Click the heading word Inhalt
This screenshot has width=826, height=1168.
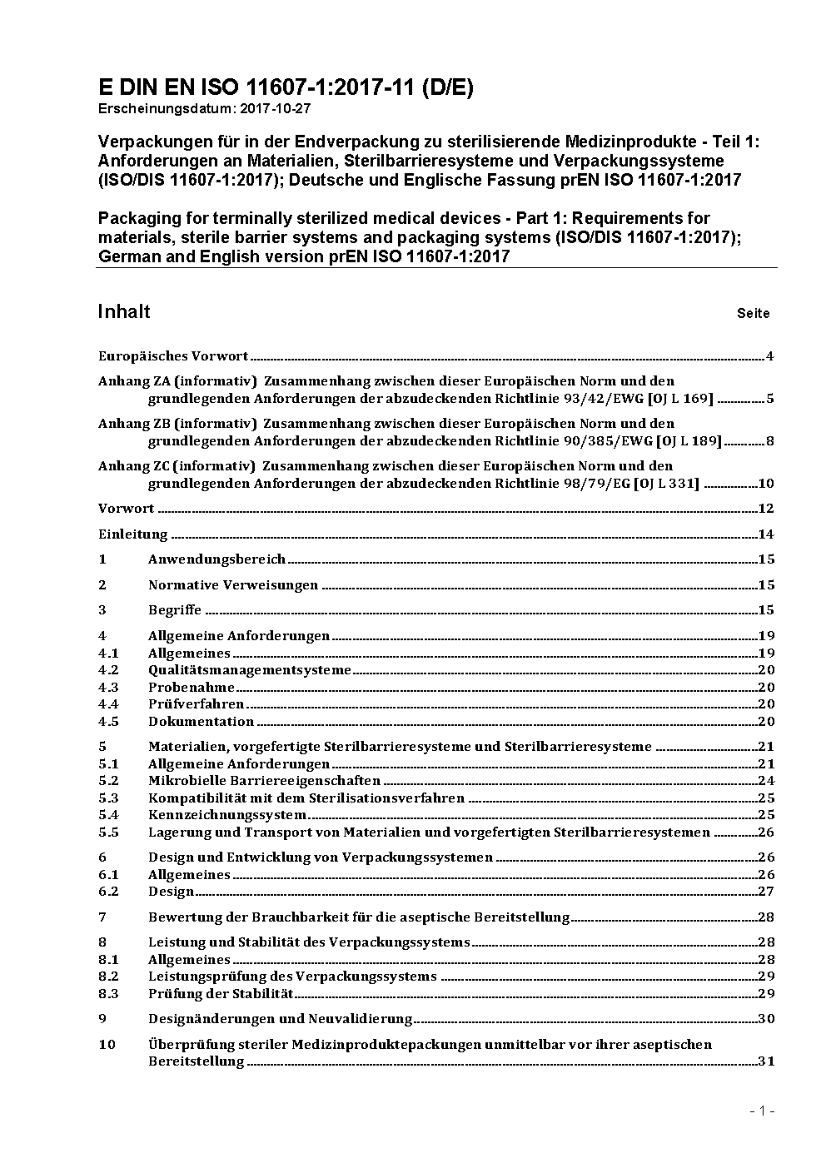(x=124, y=311)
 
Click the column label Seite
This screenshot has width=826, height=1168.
(x=753, y=314)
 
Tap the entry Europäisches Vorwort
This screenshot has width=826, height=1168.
(x=173, y=356)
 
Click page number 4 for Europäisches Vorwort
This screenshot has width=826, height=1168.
(x=770, y=356)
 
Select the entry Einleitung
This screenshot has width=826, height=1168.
(x=133, y=534)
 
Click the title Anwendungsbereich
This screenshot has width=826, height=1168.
(x=216, y=559)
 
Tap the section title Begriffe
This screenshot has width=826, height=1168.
(x=175, y=610)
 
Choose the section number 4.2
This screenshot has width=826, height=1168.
(x=108, y=670)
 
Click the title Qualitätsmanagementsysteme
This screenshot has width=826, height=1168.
(x=250, y=670)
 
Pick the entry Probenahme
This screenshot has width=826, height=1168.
(x=192, y=688)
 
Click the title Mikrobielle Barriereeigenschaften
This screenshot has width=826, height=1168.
(x=264, y=781)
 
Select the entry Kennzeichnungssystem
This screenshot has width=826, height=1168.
(x=227, y=815)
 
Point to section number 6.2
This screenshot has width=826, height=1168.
(x=108, y=892)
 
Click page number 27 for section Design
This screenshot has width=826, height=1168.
(x=766, y=892)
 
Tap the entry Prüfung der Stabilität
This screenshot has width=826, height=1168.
(x=221, y=994)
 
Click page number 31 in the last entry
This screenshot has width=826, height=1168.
(x=766, y=1061)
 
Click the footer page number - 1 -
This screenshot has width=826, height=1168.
(x=762, y=1111)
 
